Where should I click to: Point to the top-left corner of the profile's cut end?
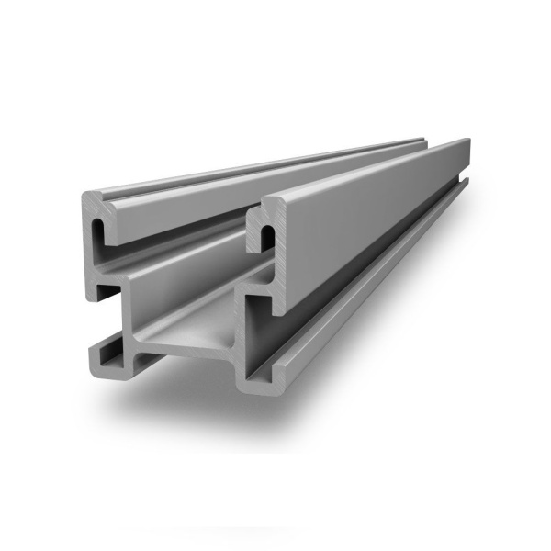point(84,196)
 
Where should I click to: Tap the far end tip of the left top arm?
point(418,142)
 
